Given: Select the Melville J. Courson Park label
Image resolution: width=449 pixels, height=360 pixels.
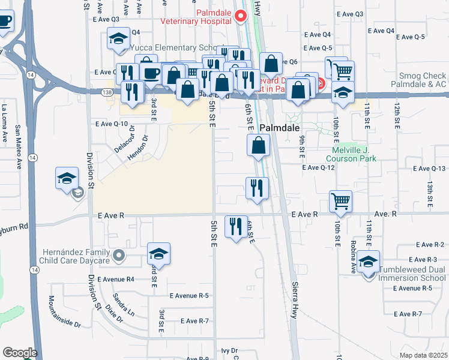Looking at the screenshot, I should click(x=351, y=154).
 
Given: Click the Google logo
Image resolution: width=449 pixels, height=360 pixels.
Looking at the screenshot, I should click(x=20, y=352).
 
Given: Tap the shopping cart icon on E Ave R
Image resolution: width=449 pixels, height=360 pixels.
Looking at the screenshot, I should click(x=340, y=201).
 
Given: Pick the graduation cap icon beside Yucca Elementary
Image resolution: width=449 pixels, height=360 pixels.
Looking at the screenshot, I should click(x=119, y=38).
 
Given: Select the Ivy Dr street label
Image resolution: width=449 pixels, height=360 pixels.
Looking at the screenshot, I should click(x=230, y=350).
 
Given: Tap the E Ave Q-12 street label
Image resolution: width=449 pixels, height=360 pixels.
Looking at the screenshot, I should click(x=318, y=168).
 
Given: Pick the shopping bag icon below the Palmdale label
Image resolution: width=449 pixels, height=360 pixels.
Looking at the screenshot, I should click(x=258, y=145).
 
